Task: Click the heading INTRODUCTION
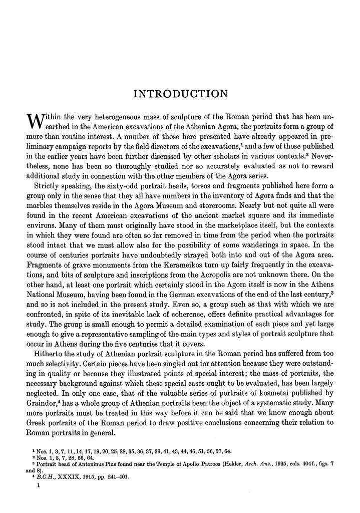pyautogui.click(x=180, y=94)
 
